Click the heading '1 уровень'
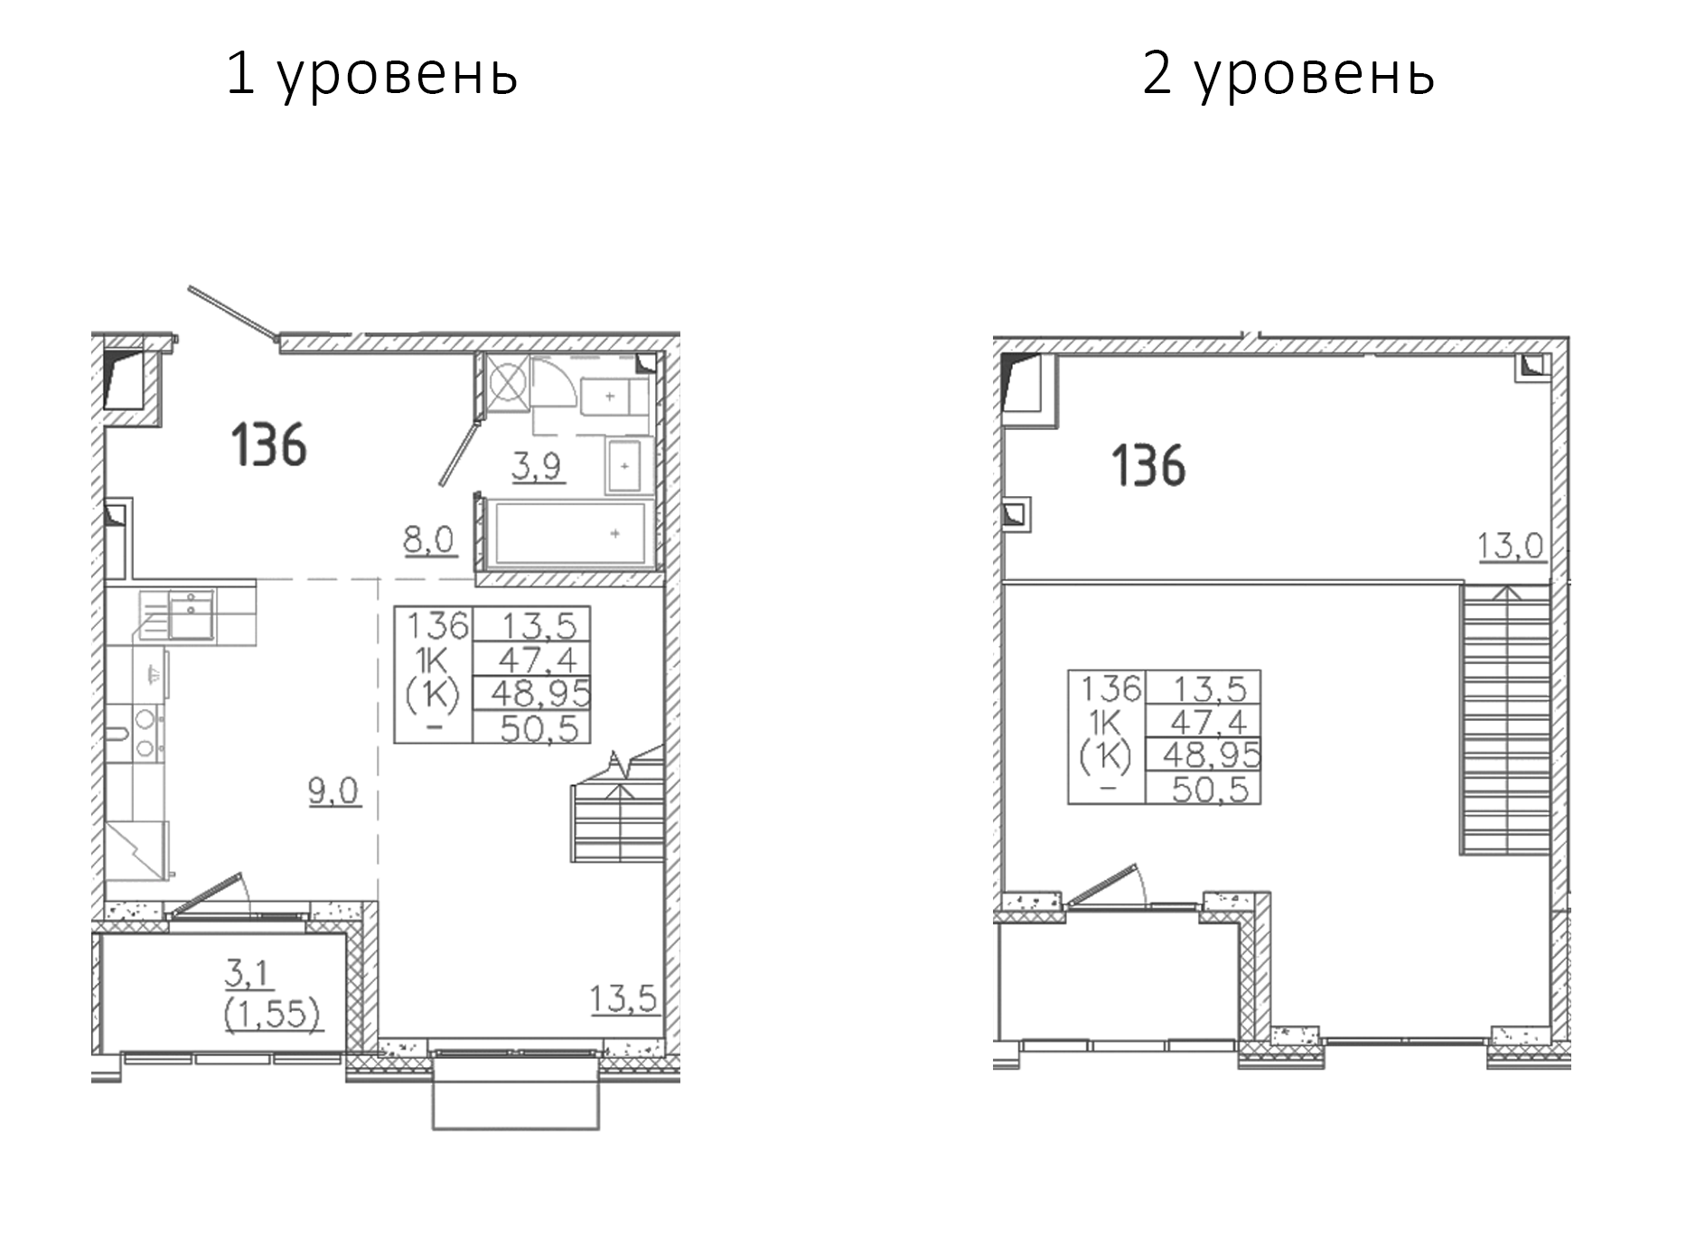tap(371, 74)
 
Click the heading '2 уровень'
tap(1288, 74)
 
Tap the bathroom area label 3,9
tap(538, 466)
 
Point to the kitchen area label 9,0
tap(333, 791)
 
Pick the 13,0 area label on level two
tap(1510, 546)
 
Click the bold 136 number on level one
tap(269, 445)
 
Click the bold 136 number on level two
tap(1147, 466)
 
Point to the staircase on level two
tap(1505, 718)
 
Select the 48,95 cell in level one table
tap(539, 693)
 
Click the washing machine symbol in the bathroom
tap(507, 381)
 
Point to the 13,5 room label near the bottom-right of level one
tap(623, 999)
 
